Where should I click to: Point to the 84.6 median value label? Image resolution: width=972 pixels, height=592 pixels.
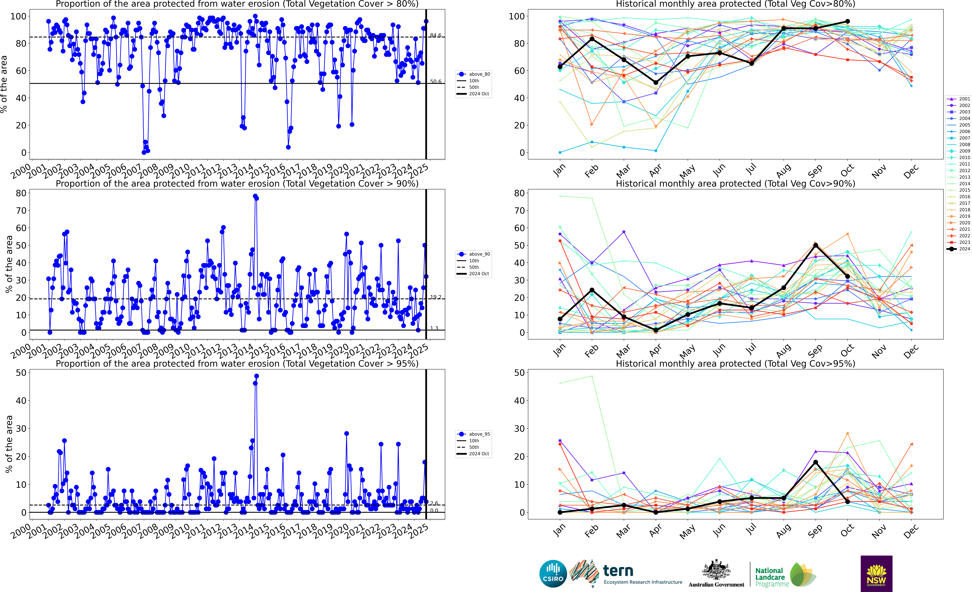pyautogui.click(x=436, y=35)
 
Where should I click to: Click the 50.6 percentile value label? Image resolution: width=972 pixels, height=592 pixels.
pyautogui.click(x=436, y=82)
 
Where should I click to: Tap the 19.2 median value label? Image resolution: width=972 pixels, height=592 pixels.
pyautogui.click(x=436, y=297)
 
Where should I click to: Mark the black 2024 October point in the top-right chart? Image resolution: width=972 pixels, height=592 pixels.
pyautogui.click(x=847, y=22)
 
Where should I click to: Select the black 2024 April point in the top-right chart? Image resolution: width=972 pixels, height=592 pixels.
pyautogui.click(x=656, y=82)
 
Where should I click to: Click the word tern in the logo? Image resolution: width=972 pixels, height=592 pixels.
pyautogui.click(x=618, y=571)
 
